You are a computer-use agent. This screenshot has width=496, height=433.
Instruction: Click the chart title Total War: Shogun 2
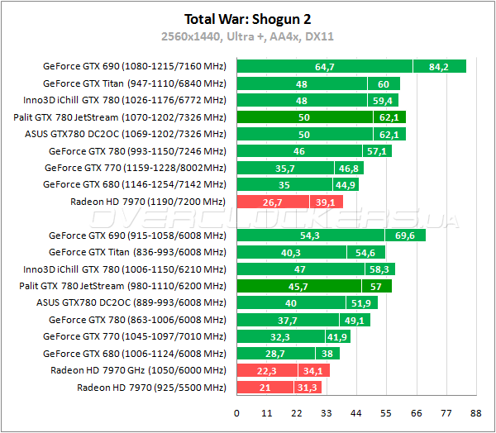248,18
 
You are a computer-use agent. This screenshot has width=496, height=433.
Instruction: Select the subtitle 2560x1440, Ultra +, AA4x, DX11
248,36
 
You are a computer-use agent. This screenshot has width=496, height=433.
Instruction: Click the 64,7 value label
325,66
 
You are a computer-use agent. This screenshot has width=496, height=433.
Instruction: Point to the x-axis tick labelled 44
355,412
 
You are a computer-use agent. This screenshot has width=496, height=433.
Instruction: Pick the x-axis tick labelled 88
475,412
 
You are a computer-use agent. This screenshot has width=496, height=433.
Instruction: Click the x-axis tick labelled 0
237,412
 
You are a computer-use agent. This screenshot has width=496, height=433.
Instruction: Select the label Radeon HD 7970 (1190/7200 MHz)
149,202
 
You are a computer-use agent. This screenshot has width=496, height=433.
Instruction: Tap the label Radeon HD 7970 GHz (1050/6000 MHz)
138,370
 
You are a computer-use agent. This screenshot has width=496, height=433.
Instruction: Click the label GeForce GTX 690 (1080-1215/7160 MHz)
134,66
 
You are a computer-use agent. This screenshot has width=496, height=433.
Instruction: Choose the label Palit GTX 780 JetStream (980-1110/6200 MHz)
122,286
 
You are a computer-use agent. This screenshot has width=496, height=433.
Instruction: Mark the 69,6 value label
405,236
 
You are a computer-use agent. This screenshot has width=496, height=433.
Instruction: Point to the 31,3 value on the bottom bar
308,388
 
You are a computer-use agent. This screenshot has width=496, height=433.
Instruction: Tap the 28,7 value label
275,354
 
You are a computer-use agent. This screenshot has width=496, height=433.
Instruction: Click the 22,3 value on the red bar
267,370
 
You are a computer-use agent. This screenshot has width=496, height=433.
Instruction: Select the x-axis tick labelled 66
415,412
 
